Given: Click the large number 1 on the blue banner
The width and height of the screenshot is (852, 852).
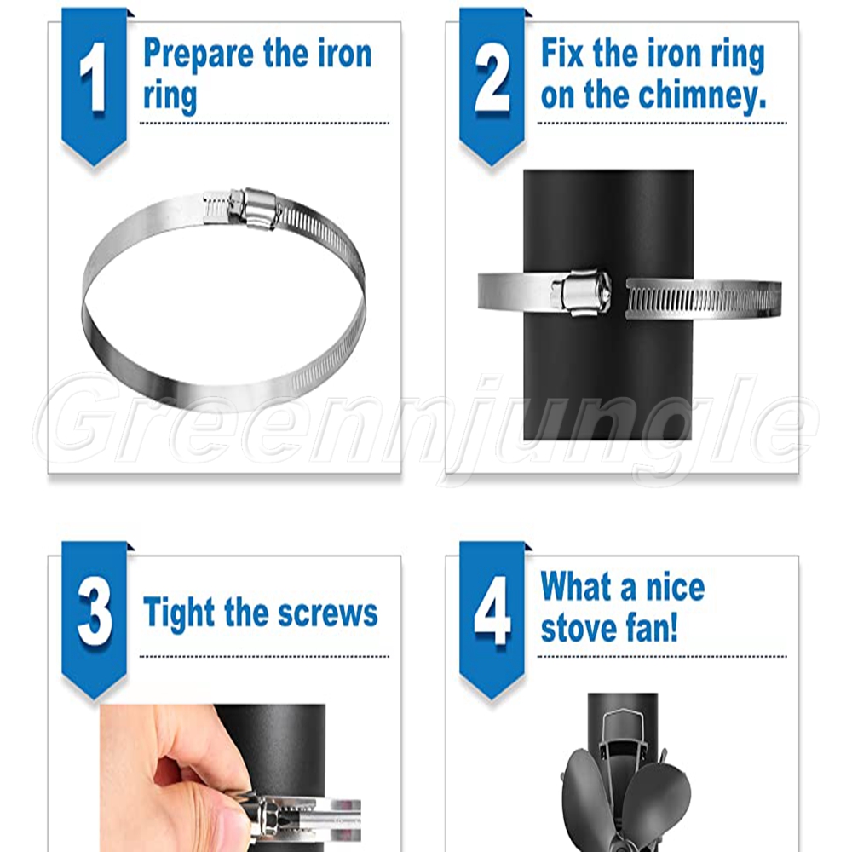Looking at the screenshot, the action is point(94,78).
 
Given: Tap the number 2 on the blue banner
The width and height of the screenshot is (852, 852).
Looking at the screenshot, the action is point(492,78).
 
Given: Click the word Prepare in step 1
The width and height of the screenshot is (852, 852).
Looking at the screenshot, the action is point(199,55).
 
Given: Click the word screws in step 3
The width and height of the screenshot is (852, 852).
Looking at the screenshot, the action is point(328,614).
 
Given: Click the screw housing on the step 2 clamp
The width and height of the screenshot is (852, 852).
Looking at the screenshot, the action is point(580,293).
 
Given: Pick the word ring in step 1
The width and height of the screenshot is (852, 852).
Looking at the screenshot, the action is point(170,97).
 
